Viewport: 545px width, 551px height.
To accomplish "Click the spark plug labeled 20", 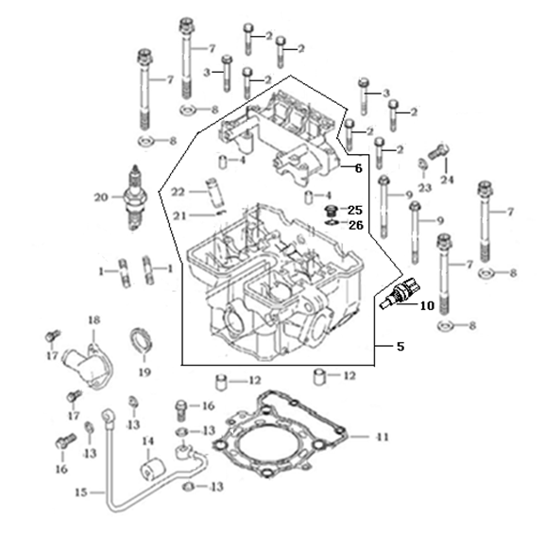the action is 136,198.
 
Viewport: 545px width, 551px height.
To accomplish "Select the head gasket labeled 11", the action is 280,435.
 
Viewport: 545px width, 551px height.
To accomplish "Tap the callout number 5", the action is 400,347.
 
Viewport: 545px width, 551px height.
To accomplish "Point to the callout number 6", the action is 358,168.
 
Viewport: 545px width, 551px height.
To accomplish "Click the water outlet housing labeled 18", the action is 88,366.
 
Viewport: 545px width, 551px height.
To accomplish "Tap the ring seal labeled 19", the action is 142,340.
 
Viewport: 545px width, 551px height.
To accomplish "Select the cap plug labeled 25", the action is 330,212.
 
